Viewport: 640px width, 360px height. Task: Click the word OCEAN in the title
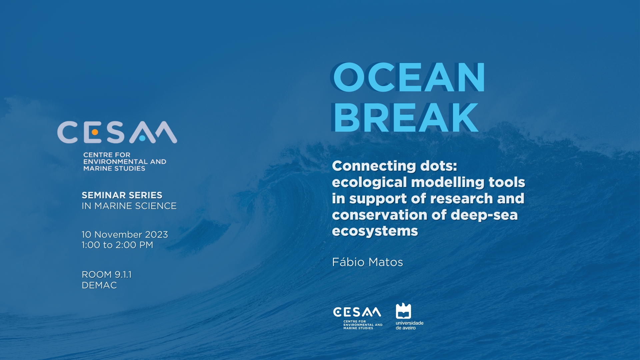[409, 77]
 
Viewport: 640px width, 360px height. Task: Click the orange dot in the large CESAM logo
[95, 132]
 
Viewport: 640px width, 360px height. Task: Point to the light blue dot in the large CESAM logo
[142, 138]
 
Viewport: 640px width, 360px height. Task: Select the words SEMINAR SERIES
[122, 195]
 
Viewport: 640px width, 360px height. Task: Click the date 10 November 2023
[125, 235]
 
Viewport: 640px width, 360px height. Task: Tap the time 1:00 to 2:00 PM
[117, 245]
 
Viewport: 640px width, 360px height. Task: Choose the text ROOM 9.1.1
[107, 275]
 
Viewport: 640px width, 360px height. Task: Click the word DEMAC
[99, 285]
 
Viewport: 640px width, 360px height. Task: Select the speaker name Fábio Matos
[367, 262]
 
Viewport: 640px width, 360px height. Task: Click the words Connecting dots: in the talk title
[395, 166]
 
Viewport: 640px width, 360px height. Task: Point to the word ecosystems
[375, 231]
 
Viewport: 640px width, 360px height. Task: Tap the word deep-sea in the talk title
[484, 215]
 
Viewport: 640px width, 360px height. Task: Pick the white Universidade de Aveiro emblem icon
[403, 311]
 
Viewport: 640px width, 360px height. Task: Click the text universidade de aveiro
[409, 325]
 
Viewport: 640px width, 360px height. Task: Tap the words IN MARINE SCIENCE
[129, 206]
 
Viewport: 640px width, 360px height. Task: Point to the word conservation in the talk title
[379, 215]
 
